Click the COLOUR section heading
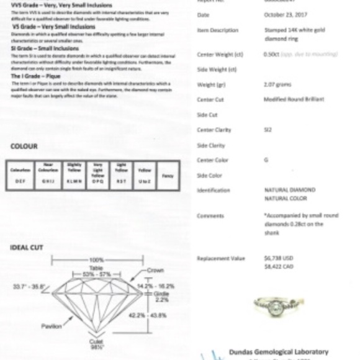coord(24,146)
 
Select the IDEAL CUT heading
coord(27,248)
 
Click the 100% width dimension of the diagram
coord(97,259)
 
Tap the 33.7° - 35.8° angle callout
coord(30,287)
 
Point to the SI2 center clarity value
coord(268,130)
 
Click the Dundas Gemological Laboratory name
coord(279,352)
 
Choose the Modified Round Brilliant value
coord(294,99)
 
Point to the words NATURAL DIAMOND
coord(290,190)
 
